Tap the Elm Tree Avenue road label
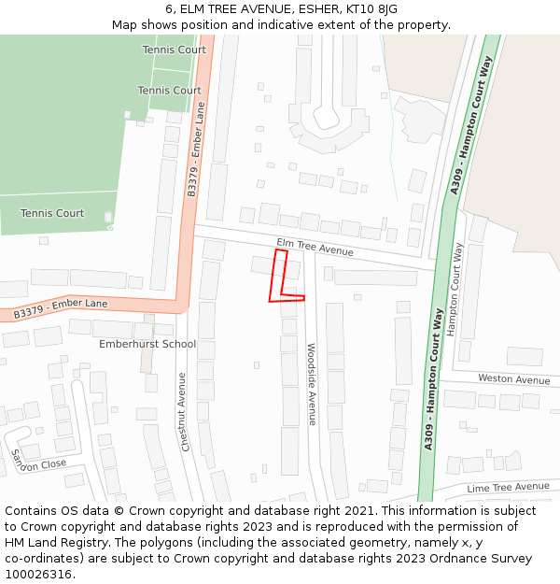315,247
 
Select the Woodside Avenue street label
312,384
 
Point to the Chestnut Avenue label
185,412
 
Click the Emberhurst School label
147,344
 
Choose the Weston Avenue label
514,379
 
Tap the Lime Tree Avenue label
508,487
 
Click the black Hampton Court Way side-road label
456,290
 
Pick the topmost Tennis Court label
174,50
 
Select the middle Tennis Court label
169,91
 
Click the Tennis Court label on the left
52,213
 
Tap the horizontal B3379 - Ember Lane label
60,309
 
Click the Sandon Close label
38,459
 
